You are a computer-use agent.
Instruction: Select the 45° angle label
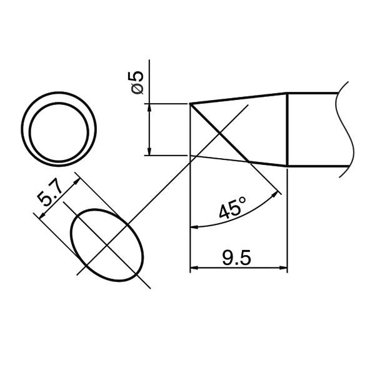232,207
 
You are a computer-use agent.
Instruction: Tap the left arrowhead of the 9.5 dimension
194,269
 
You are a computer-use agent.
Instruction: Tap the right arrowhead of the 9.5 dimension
282,269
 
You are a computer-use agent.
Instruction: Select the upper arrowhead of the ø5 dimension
149,107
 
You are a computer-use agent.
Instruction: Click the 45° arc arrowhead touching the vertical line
193,226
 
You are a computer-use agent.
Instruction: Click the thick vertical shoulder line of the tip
287,129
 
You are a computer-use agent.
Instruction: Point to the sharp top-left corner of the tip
190,104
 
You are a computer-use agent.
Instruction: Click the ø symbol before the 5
138,89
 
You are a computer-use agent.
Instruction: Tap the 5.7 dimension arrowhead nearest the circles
77,178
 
